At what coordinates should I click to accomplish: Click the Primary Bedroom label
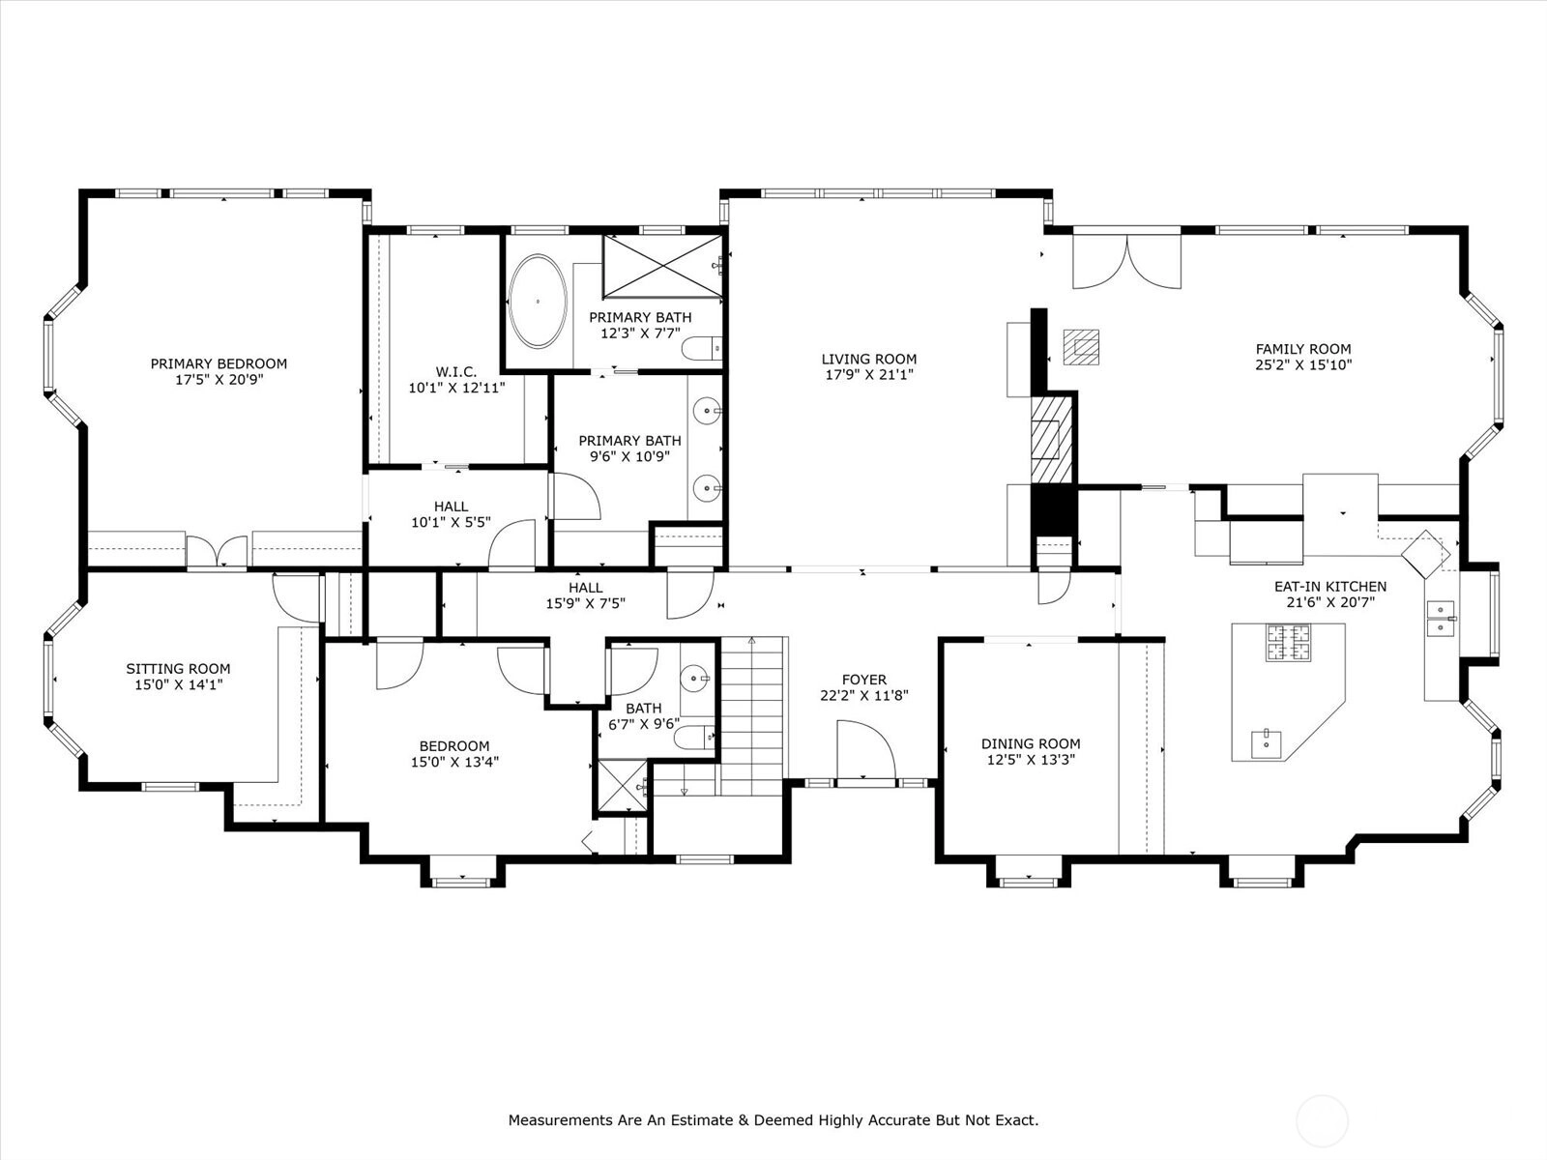(219, 363)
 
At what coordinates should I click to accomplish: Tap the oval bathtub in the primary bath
(538, 301)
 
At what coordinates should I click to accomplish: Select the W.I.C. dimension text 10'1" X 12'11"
(456, 388)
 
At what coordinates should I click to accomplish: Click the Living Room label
(869, 359)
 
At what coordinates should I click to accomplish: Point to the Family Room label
(1303, 349)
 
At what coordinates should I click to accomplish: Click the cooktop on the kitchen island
(1288, 642)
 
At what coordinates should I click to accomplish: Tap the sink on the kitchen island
(1268, 742)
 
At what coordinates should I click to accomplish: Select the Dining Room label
(1031, 743)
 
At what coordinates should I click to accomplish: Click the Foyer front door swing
(865, 749)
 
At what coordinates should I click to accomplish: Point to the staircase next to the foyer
(752, 715)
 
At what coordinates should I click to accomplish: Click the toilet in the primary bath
(702, 348)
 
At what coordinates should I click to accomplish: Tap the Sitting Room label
(178, 668)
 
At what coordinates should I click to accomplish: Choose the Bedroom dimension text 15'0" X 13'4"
(454, 762)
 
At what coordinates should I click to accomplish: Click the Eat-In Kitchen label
(1329, 586)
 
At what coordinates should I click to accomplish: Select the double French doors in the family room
(1126, 262)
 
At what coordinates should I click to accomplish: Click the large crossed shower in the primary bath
(662, 266)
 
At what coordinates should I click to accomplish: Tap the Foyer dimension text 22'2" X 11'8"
(864, 695)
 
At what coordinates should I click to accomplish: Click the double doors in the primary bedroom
(217, 550)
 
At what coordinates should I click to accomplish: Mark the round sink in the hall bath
(695, 679)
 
